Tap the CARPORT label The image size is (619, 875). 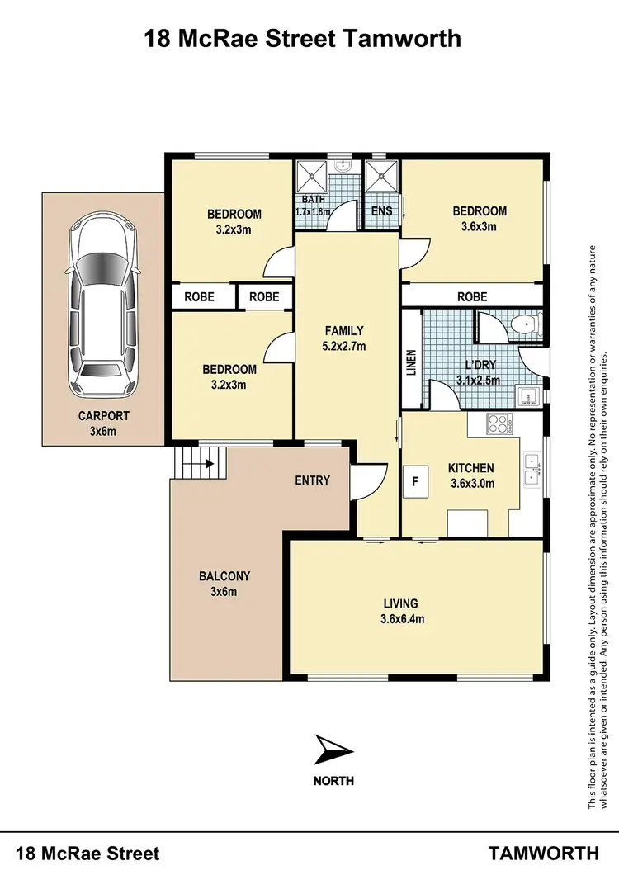click(x=104, y=416)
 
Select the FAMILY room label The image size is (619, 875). click(x=344, y=331)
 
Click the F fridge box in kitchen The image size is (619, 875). click(x=416, y=480)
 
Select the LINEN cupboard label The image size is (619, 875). click(x=411, y=363)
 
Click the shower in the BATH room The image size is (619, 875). click(x=314, y=175)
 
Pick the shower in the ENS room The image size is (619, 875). click(x=382, y=175)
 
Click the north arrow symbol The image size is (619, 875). click(x=333, y=751)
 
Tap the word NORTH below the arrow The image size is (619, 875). click(x=333, y=780)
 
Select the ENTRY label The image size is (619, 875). click(x=312, y=480)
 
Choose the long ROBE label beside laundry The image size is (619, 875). click(x=472, y=296)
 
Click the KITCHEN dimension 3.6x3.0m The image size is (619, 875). click(x=470, y=484)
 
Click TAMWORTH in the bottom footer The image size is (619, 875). click(x=544, y=853)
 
